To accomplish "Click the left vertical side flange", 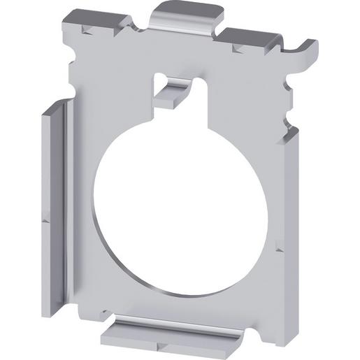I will [x=56, y=210].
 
